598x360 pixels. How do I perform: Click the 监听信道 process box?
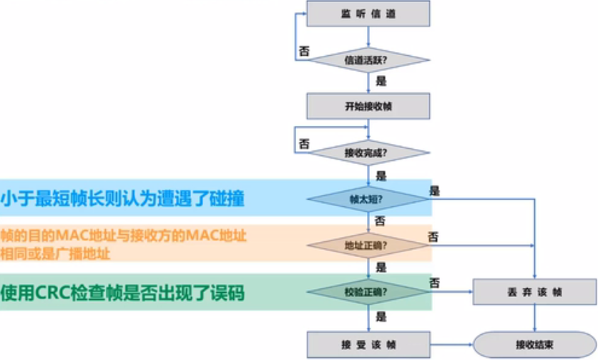click(368, 14)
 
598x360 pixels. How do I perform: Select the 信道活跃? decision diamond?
click(368, 59)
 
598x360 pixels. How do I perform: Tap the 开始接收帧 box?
click(368, 106)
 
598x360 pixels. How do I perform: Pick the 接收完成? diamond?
click(368, 152)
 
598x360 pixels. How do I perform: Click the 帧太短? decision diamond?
click(368, 198)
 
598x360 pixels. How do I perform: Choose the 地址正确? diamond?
click(368, 245)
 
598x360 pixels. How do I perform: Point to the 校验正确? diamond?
click(368, 291)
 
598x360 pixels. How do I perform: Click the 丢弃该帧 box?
click(534, 291)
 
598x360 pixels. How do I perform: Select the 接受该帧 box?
click(368, 344)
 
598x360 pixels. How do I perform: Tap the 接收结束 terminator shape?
click(534, 344)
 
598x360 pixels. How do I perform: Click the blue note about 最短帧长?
click(122, 198)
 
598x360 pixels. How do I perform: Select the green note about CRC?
click(122, 293)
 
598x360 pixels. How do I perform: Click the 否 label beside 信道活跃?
click(304, 52)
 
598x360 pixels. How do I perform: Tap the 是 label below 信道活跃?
click(381, 81)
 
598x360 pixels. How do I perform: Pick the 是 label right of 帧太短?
click(434, 190)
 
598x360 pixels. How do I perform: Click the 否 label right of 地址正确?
click(433, 236)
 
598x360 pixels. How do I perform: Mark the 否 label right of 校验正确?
click(433, 283)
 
